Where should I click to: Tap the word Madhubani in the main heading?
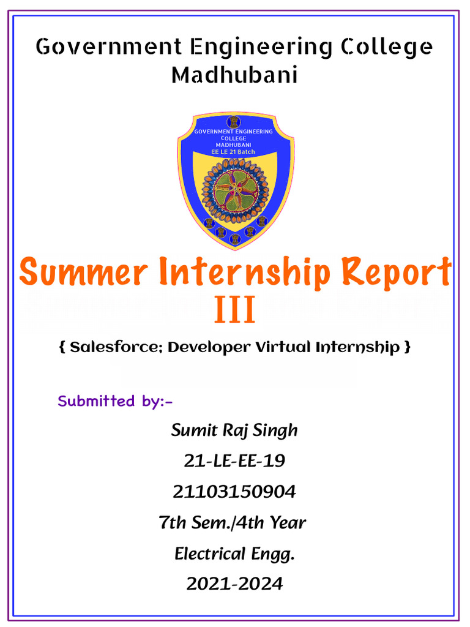234,75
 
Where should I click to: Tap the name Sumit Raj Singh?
234,430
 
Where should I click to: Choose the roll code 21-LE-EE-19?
234,461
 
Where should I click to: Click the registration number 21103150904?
234,492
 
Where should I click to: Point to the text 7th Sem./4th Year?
233,523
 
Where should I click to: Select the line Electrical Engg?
234,554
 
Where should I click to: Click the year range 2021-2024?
234,584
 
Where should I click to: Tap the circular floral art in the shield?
236,190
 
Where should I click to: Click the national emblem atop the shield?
234,121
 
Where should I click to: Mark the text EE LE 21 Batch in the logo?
234,151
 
